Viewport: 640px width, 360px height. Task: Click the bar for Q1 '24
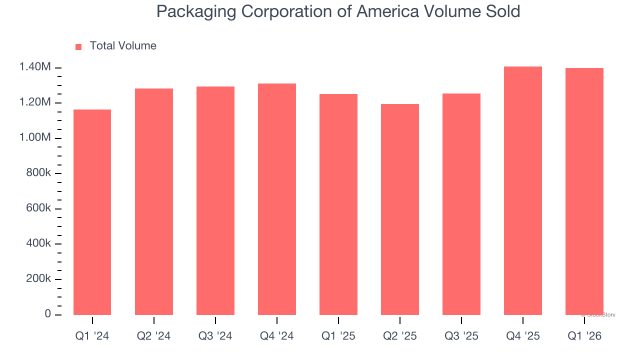[92, 212]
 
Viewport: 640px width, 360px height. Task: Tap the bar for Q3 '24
[215, 200]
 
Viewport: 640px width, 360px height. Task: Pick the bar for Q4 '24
[276, 199]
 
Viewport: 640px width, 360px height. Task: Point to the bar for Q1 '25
[338, 204]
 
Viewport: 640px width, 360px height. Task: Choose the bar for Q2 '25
[399, 209]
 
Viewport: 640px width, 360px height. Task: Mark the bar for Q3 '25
[461, 204]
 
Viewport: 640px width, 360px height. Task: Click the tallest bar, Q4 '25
[522, 190]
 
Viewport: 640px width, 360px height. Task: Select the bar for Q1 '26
[584, 191]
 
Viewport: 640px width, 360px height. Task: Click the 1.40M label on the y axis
[35, 67]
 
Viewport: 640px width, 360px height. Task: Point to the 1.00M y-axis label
[35, 137]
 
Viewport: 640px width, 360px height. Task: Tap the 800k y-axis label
[38, 173]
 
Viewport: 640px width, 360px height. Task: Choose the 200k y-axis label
[38, 278]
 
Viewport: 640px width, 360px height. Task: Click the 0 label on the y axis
[48, 314]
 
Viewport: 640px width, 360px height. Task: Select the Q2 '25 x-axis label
[399, 336]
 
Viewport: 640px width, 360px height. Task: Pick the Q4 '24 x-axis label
[276, 336]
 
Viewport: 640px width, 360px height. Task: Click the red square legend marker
[78, 47]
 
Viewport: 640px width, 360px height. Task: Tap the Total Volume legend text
[123, 46]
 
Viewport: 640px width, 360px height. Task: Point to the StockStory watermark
[598, 315]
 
